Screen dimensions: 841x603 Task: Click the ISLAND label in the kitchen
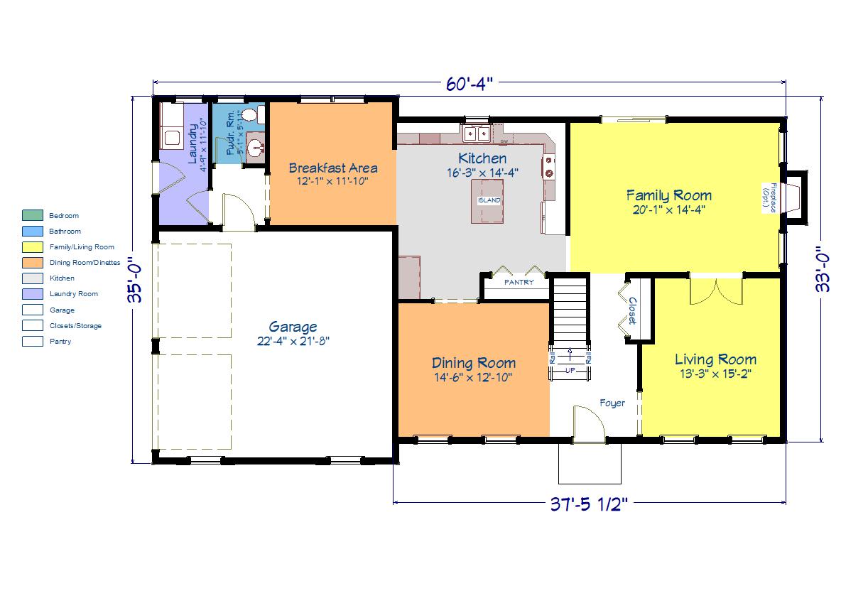tap(489, 200)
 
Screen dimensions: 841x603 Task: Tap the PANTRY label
tap(519, 282)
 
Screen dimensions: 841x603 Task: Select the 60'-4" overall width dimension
tap(470, 84)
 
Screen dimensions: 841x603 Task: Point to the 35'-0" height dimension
tap(136, 280)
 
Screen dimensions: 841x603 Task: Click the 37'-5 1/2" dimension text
tap(589, 504)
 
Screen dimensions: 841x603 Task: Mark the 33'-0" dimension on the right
tap(823, 269)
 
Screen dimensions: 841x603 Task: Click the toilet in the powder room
tap(251, 114)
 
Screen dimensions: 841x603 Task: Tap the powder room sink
tap(256, 146)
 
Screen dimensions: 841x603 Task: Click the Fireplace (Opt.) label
tap(769, 198)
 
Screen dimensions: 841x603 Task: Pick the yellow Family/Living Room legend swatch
tap(33, 246)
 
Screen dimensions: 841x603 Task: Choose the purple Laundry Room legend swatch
tap(33, 294)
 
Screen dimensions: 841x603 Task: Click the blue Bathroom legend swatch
tap(33, 232)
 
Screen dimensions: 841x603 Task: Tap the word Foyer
tap(612, 403)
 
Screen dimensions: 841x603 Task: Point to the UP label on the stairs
tap(570, 370)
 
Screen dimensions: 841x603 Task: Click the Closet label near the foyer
tap(632, 311)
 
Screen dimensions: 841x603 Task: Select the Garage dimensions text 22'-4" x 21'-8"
tap(293, 341)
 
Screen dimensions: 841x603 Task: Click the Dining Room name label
tap(474, 363)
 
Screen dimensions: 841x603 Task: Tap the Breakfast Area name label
tap(333, 168)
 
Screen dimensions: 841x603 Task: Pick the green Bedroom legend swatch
tap(33, 216)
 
